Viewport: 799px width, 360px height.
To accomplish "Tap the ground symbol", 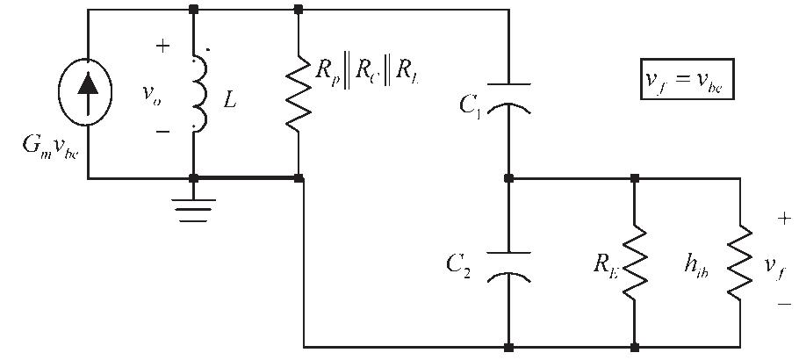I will (x=194, y=206).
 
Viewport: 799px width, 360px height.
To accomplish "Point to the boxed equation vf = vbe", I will (x=685, y=81).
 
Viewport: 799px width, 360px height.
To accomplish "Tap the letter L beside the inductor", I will (x=230, y=101).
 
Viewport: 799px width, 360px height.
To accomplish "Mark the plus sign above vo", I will (x=162, y=47).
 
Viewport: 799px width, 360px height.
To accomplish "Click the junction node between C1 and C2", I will (x=508, y=177).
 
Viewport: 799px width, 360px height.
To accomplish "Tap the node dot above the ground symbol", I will (x=194, y=177).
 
